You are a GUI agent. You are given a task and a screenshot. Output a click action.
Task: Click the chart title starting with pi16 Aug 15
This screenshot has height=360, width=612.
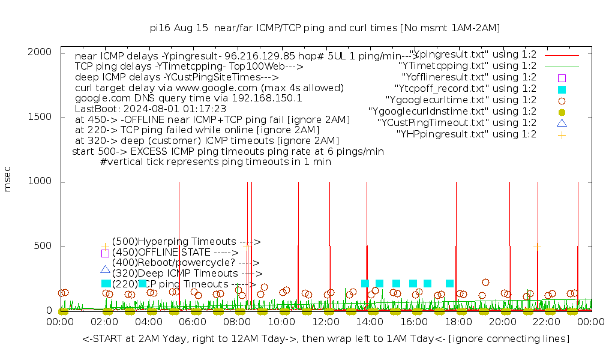(x=325, y=28)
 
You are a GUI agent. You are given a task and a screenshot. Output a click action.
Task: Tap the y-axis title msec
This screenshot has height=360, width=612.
(x=8, y=181)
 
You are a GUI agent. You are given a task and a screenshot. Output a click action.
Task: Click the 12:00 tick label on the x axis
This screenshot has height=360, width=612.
(x=326, y=322)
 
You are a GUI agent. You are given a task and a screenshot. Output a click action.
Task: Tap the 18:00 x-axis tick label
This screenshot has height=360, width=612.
(x=458, y=322)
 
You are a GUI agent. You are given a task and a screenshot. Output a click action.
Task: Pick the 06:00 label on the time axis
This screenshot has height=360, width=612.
(x=193, y=322)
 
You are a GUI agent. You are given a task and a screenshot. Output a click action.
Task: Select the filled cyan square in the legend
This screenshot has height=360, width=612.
(x=562, y=89)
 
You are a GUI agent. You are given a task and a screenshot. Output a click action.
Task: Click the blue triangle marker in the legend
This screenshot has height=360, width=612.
(x=562, y=123)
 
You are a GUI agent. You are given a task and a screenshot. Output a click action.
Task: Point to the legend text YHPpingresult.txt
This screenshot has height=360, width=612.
(x=466, y=134)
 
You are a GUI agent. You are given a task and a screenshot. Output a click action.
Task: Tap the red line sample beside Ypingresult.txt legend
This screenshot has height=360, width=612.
(x=562, y=55)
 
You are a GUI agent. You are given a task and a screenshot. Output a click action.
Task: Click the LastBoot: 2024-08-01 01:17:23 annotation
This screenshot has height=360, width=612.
(x=151, y=109)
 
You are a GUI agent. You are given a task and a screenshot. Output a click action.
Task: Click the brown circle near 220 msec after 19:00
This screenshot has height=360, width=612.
(x=485, y=282)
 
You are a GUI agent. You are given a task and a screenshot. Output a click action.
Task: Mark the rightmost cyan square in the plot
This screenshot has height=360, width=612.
(x=449, y=283)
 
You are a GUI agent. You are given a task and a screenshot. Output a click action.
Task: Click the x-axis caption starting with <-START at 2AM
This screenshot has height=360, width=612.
(x=326, y=339)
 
